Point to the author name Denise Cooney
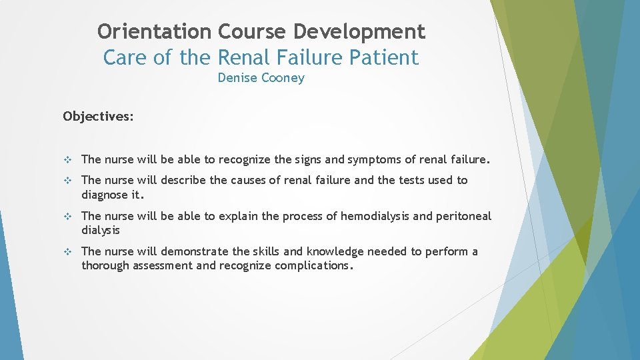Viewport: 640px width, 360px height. click(x=261, y=78)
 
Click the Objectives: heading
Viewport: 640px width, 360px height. click(x=98, y=117)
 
